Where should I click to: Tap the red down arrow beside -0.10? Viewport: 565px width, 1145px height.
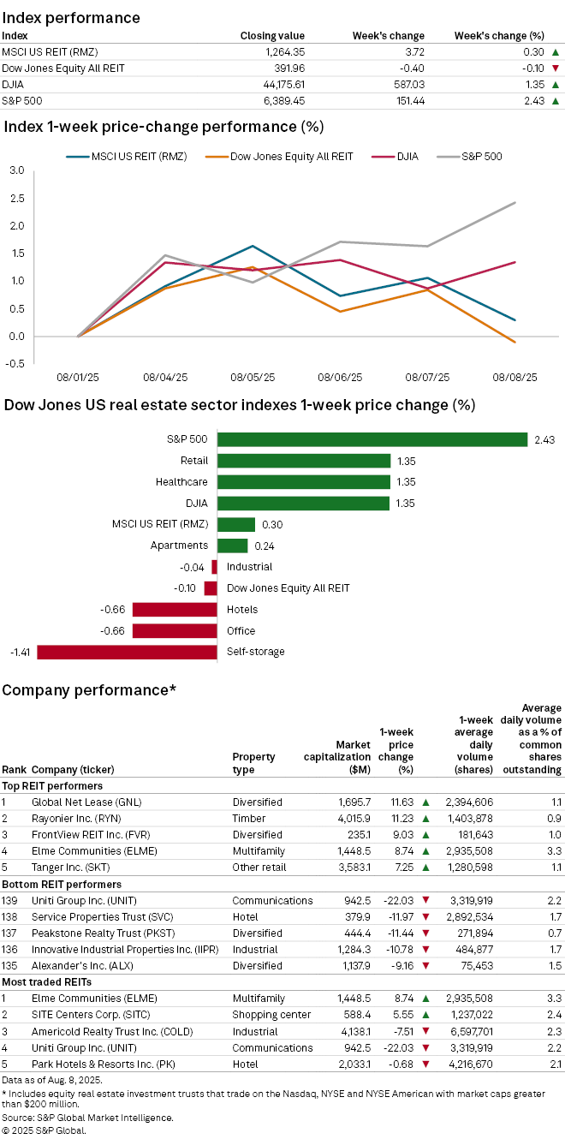click(x=556, y=69)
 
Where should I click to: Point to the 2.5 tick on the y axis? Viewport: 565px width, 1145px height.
click(x=17, y=198)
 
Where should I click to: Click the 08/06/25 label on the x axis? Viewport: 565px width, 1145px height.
click(x=339, y=377)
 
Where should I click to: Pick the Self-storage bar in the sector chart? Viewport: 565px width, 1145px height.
click(x=127, y=652)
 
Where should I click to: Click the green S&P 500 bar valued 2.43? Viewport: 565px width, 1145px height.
click(x=372, y=439)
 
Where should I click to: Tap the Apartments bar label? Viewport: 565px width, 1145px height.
click(x=179, y=546)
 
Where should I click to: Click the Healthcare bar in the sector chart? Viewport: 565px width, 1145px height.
click(x=303, y=482)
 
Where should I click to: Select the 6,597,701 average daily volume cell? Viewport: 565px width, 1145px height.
click(x=469, y=1030)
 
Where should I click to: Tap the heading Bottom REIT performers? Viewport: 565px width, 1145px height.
click(x=62, y=884)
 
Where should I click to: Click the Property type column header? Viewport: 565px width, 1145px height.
click(x=253, y=763)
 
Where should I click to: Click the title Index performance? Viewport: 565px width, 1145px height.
click(x=71, y=17)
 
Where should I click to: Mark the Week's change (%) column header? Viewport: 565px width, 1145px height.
click(x=498, y=36)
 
